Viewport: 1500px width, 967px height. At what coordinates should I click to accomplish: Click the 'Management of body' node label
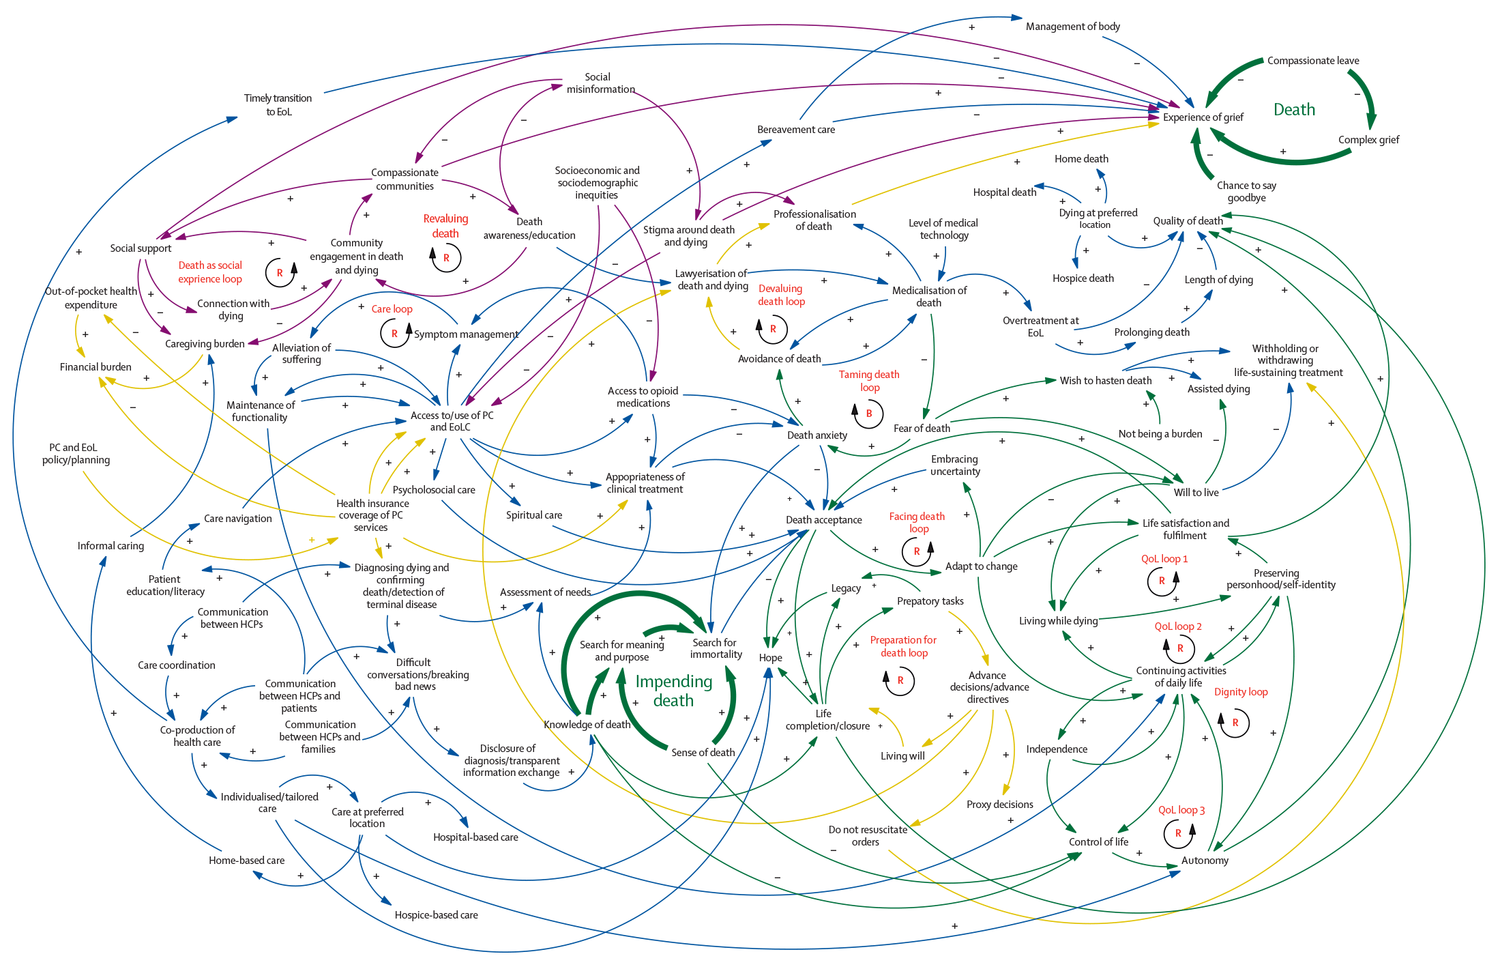tap(1072, 27)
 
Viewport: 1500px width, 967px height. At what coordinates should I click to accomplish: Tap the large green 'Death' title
tap(1294, 110)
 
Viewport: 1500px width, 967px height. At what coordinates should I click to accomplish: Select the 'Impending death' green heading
tap(673, 691)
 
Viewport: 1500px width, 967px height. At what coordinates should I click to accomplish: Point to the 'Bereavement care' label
tap(795, 130)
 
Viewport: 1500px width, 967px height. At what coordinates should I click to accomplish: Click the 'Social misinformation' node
tap(600, 83)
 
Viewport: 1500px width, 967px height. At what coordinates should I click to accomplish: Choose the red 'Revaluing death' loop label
tap(445, 226)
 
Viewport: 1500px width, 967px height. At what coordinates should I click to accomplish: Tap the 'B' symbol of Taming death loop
tap(869, 414)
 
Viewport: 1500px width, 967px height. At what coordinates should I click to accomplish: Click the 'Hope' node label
tap(770, 658)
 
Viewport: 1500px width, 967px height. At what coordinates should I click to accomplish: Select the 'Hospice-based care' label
tap(436, 915)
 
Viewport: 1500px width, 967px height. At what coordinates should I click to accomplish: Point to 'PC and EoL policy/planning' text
tap(75, 454)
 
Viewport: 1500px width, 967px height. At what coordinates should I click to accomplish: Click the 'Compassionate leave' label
tap(1312, 61)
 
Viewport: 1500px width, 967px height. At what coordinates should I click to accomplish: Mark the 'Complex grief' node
tap(1368, 140)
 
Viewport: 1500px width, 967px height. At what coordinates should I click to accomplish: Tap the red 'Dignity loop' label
tap(1240, 692)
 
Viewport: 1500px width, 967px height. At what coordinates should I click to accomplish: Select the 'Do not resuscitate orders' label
tap(867, 836)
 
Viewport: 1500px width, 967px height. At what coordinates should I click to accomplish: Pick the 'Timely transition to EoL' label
tap(278, 105)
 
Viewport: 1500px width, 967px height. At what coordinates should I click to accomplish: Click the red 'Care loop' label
tap(392, 309)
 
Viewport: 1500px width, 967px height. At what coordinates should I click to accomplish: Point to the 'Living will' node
tap(902, 756)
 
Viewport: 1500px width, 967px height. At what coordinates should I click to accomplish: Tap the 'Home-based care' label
tap(246, 861)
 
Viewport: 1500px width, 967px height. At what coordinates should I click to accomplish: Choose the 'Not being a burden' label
tap(1160, 434)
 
